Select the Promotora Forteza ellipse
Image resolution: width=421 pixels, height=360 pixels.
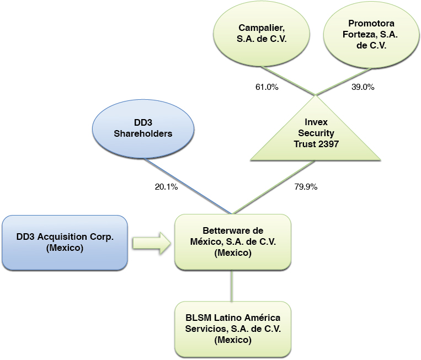(x=370, y=35)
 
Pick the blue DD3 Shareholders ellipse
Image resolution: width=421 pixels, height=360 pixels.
(x=143, y=128)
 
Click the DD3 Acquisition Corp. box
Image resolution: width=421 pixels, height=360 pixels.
(x=65, y=243)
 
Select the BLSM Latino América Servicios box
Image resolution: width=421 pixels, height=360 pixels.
(x=232, y=329)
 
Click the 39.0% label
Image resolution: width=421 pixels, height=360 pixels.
(x=363, y=87)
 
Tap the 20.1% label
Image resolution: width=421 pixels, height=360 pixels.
(x=166, y=187)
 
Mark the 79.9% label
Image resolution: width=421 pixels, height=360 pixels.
(x=305, y=187)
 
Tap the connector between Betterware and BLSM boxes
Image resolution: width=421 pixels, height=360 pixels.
(x=232, y=286)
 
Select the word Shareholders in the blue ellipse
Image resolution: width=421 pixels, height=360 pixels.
(x=143, y=133)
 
